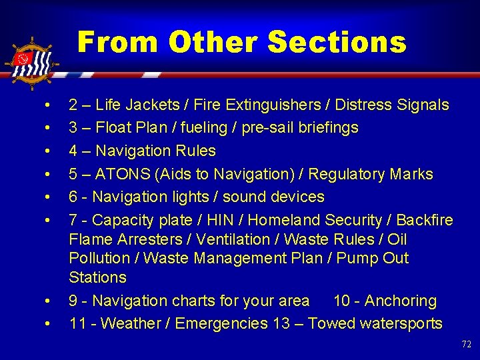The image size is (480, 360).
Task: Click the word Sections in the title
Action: coord(337,43)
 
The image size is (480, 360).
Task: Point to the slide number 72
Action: coord(466,345)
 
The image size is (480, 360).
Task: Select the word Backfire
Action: coord(423,220)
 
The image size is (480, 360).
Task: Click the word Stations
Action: coord(97,277)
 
